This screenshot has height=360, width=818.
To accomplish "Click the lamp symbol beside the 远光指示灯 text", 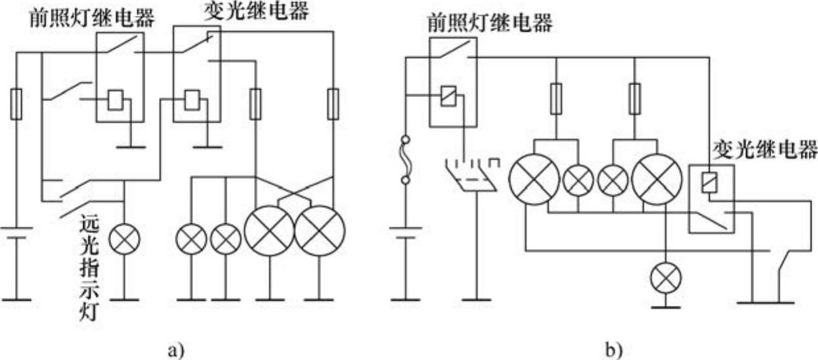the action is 124,239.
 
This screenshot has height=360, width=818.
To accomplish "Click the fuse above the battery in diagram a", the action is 17,105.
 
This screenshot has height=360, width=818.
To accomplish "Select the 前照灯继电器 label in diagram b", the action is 490,24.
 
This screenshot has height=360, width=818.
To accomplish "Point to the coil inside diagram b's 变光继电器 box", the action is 708,180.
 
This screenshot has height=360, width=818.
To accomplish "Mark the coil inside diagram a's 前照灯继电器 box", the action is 114,100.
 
